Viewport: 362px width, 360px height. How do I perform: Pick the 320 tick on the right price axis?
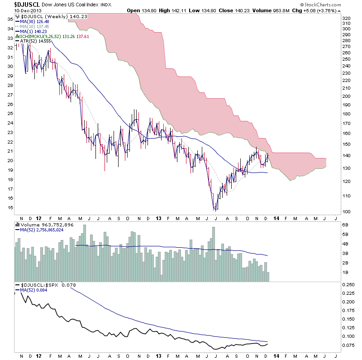point(346,18)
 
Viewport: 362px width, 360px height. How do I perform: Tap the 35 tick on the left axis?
point(10,19)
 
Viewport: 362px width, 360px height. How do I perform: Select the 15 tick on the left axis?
point(10,208)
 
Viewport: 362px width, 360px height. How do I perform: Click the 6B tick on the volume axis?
point(345,225)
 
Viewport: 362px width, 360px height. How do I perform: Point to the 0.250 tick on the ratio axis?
point(348,285)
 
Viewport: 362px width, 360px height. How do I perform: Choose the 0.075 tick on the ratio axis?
point(348,346)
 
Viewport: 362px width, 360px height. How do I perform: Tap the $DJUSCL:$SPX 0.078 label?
point(41,284)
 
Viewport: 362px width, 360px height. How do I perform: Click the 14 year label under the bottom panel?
point(276,355)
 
